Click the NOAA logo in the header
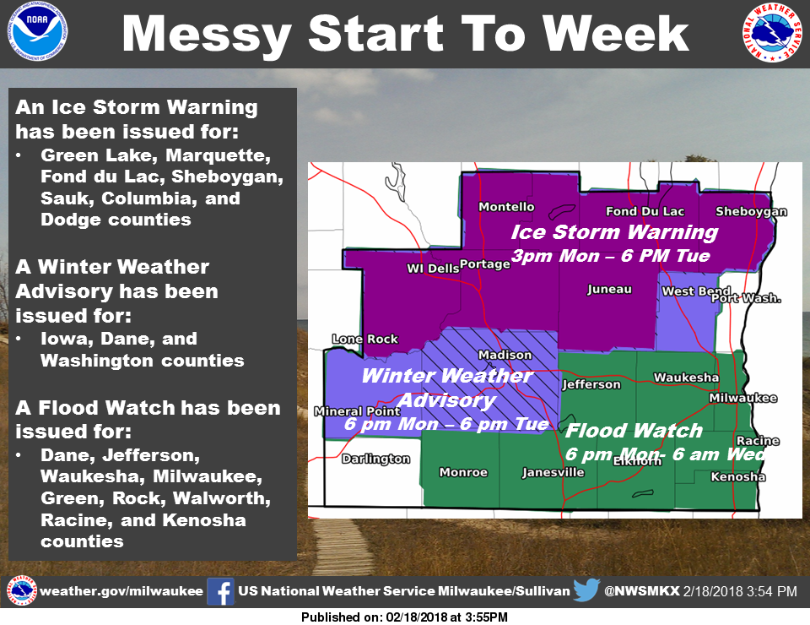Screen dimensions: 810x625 [37, 30]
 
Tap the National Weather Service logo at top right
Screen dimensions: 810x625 [773, 32]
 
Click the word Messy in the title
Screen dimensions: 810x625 [208, 34]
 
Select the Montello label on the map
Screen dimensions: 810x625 [506, 207]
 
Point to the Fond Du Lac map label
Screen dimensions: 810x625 [645, 211]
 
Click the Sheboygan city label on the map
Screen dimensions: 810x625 [751, 211]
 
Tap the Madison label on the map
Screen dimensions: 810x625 [505, 355]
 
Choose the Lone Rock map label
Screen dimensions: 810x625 [364, 340]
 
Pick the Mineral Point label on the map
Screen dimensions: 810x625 [357, 411]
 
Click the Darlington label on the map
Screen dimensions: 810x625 [376, 459]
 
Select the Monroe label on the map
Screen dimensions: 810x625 [463, 472]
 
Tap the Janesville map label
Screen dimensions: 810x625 [553, 472]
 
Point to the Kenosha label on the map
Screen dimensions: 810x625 [737, 476]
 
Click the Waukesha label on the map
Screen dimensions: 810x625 [686, 378]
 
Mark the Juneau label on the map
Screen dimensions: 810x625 [609, 289]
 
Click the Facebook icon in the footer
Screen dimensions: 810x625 [220, 591]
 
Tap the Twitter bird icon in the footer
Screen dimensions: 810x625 [586, 590]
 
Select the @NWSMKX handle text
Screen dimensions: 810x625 [642, 591]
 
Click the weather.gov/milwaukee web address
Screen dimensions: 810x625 [121, 591]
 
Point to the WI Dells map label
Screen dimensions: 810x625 [433, 269]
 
